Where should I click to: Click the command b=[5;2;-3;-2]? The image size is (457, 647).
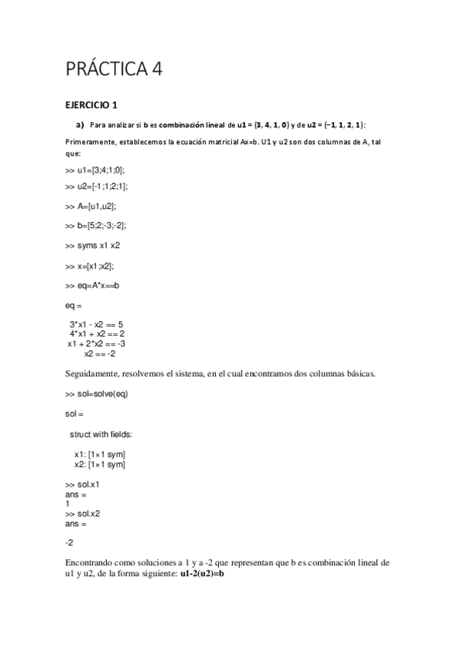96,226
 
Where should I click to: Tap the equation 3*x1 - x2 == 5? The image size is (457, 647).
96,324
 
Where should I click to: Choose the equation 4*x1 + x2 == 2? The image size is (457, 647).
97,333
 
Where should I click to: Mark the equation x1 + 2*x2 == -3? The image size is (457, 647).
96,343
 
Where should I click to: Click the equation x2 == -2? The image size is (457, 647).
100,353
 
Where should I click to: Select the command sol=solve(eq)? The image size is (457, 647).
95,394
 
